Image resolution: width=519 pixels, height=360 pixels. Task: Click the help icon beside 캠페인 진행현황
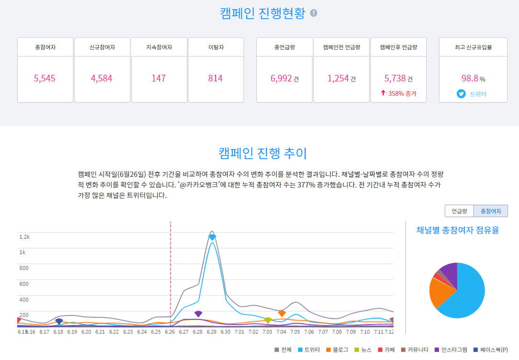click(x=313, y=13)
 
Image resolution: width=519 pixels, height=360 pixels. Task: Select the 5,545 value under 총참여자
click(x=45, y=78)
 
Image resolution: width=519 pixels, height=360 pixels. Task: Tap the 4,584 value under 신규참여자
click(x=102, y=78)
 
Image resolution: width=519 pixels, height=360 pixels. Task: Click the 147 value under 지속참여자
click(x=159, y=78)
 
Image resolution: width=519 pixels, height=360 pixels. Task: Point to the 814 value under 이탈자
click(x=215, y=78)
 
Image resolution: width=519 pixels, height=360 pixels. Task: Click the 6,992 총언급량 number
click(x=281, y=78)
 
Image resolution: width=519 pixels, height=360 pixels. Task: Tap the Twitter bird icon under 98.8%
click(x=461, y=94)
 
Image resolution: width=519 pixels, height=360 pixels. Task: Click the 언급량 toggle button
click(x=459, y=211)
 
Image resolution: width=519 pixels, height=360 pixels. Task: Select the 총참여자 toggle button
click(x=491, y=211)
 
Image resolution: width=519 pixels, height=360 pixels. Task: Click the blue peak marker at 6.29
click(x=212, y=237)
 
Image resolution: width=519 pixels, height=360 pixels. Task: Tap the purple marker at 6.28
click(x=198, y=314)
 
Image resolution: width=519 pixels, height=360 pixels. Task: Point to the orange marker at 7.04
click(x=282, y=314)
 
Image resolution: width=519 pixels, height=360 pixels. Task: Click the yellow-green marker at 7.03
click(x=268, y=320)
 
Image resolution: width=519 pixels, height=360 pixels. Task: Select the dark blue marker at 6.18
click(x=59, y=322)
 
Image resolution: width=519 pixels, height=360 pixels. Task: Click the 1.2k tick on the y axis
click(x=24, y=237)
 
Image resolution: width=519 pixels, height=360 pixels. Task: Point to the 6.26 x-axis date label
click(x=170, y=332)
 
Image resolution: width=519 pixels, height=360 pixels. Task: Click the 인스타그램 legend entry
click(x=450, y=350)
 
